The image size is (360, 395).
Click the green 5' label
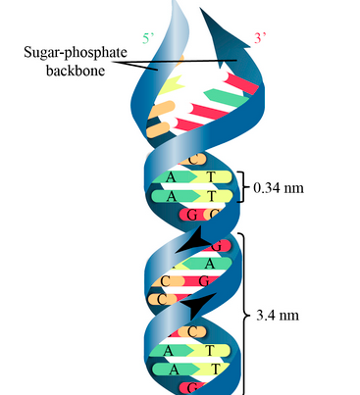[x=148, y=38]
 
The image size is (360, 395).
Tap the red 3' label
[x=260, y=38]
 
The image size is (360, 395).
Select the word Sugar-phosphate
[x=76, y=52]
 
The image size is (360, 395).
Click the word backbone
[x=76, y=71]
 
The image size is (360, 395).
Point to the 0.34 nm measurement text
[x=279, y=188]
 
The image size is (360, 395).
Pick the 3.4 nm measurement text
[x=278, y=316]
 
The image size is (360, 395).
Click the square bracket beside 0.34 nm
[x=243, y=187]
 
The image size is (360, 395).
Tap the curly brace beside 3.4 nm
[x=244, y=314]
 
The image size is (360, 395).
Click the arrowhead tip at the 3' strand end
[x=200, y=9]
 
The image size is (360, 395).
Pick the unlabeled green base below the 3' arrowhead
[x=225, y=97]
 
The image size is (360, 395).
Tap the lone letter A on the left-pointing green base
[x=210, y=264]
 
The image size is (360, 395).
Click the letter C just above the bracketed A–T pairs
[x=193, y=160]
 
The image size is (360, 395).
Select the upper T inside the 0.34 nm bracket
[x=211, y=176]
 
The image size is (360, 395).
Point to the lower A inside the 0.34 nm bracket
[x=171, y=196]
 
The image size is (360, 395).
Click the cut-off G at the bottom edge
[x=193, y=389]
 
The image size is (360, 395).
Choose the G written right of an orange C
[x=204, y=281]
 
